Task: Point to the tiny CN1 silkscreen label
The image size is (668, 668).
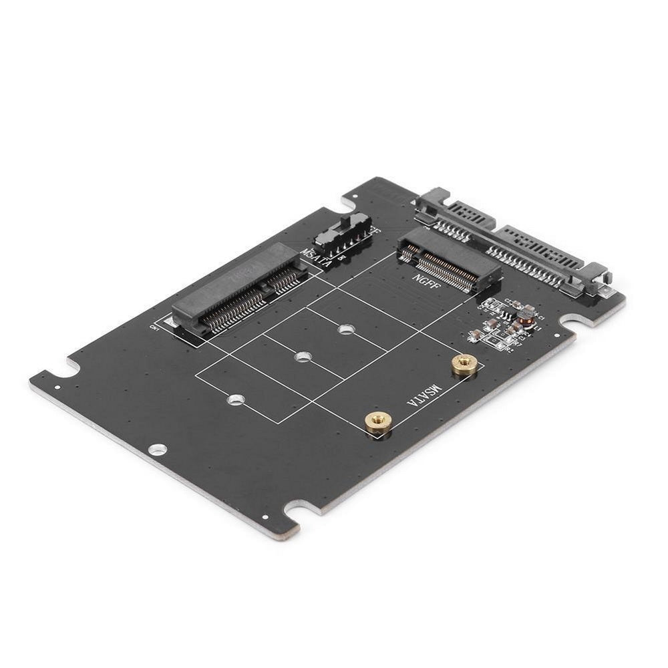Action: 156,327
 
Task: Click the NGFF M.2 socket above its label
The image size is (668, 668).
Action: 449,259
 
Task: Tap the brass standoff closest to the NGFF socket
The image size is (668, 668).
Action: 464,363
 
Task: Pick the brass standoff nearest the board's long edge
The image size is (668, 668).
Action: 378,422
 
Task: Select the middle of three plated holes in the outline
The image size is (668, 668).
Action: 303,357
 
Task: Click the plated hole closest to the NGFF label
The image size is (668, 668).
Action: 345,329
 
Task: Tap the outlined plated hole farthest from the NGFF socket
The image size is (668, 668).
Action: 235,399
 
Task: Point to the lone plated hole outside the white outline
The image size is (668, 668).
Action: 158,450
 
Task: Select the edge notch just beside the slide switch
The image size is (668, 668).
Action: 350,200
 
